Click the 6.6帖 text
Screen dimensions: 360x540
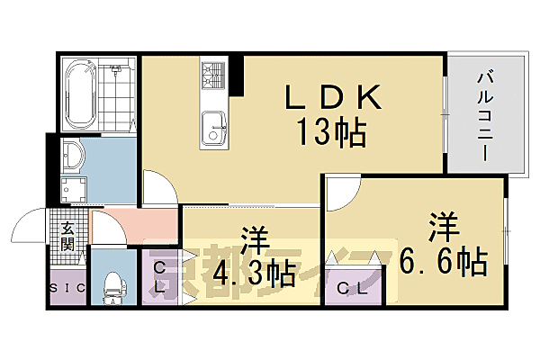point(444,262)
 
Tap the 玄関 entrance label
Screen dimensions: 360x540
point(67,236)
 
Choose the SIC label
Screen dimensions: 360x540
point(66,289)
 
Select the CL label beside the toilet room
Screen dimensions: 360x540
point(158,276)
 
